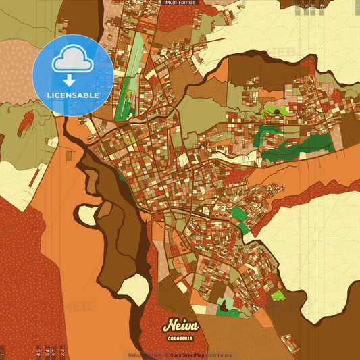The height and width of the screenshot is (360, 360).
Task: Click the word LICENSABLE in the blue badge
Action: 73,95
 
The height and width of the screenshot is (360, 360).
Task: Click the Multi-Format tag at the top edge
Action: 180,3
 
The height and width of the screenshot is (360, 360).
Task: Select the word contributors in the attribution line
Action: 217,355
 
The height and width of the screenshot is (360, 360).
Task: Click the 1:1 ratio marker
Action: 3,352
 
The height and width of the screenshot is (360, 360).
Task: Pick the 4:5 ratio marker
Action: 38,352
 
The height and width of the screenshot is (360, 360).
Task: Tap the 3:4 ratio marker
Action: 47,352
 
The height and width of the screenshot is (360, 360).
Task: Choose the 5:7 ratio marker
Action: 55,352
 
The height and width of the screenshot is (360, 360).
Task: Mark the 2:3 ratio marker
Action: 63,352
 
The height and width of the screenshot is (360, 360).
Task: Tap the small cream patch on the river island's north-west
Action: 87,215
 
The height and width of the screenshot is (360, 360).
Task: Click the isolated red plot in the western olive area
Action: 28,121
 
